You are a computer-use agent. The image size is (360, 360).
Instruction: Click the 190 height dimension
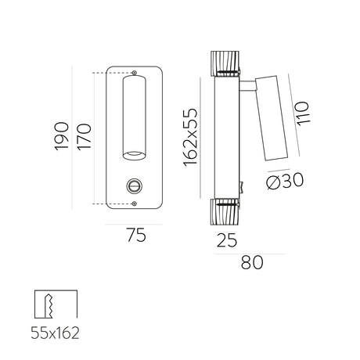pyautogui.click(x=62, y=136)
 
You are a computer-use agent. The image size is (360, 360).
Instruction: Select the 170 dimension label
pyautogui.click(x=84, y=137)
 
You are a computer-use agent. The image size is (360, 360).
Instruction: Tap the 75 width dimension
pyautogui.click(x=136, y=235)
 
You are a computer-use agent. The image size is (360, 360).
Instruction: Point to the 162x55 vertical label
pyautogui.click(x=190, y=137)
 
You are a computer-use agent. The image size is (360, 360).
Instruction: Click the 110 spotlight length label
pyautogui.click(x=303, y=113)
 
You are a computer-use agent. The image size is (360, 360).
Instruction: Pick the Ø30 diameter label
pyautogui.click(x=285, y=181)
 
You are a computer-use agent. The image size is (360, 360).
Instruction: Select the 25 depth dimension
pyautogui.click(x=227, y=240)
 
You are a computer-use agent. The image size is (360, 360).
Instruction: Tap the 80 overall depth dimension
pyautogui.click(x=252, y=262)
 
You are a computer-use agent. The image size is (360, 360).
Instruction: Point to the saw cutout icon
pyautogui.click(x=56, y=304)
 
